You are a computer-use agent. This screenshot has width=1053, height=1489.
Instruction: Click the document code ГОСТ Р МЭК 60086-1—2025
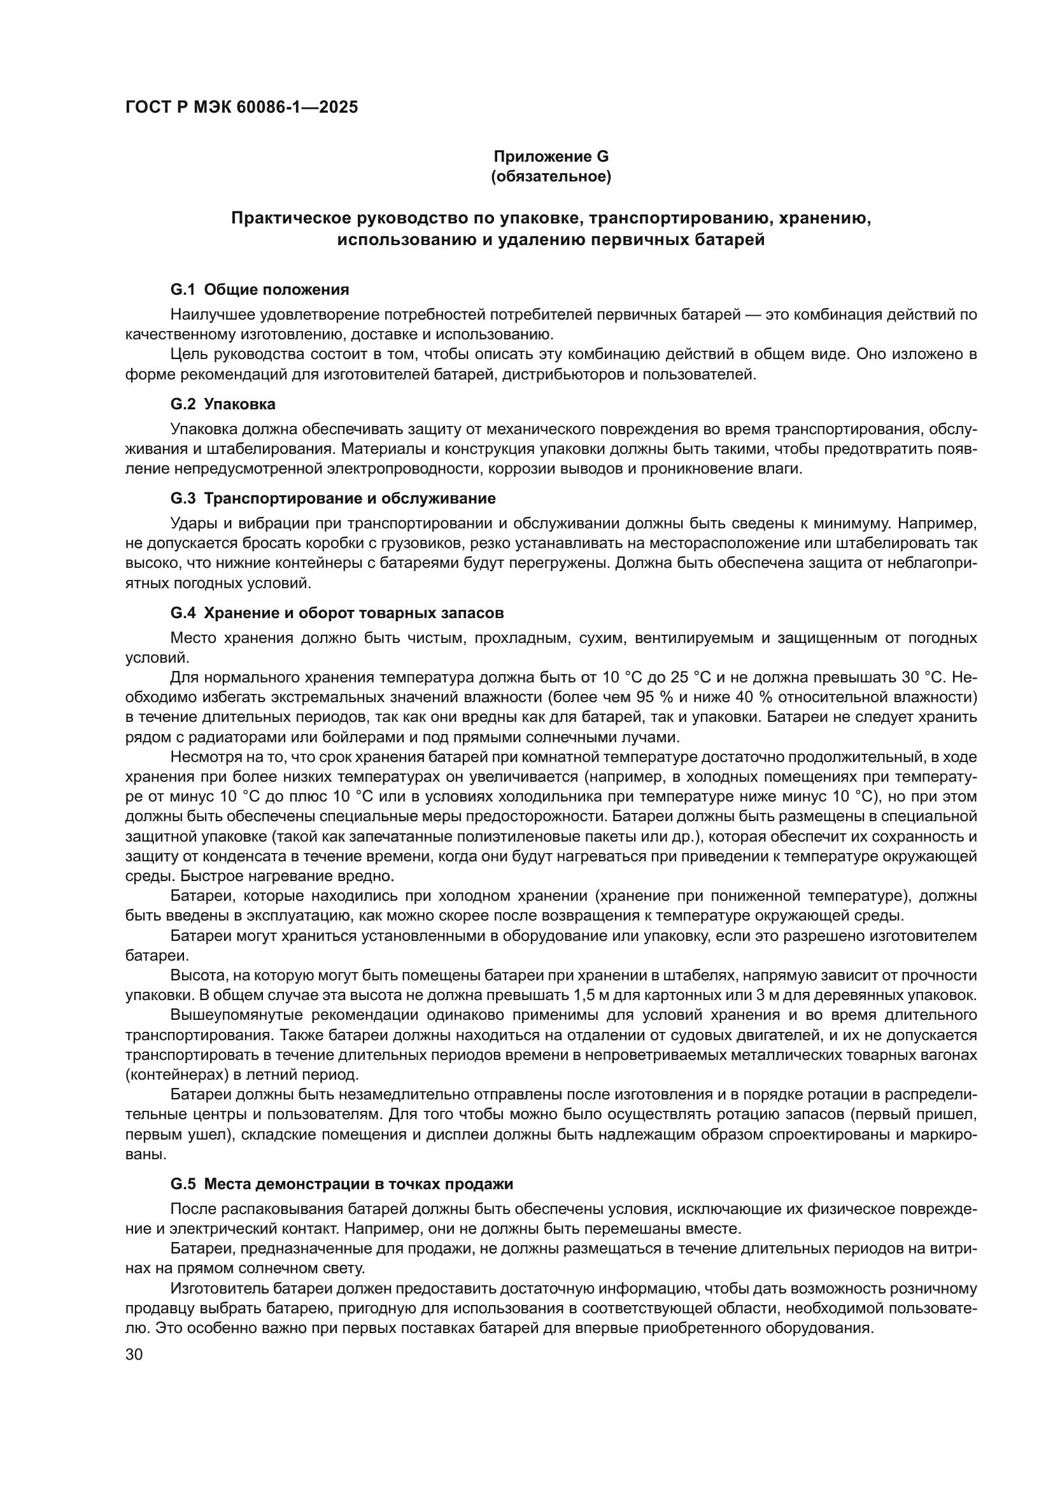click(241, 108)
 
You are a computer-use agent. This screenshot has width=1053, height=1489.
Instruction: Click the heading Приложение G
click(551, 157)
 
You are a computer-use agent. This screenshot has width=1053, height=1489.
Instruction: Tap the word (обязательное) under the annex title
click(551, 176)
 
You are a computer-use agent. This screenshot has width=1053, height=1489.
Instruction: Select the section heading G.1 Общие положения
click(259, 289)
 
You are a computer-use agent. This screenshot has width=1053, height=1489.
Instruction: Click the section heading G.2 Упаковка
click(223, 404)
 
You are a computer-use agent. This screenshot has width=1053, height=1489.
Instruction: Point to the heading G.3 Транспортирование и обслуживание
click(332, 498)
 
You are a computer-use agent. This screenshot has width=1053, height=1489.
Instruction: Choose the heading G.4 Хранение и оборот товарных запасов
click(337, 612)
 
